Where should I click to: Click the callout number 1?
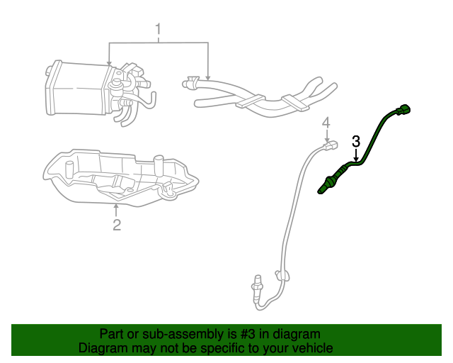coord(158,29)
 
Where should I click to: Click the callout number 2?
coord(117,225)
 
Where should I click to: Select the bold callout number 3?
coord(356,142)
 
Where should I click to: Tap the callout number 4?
coord(326,123)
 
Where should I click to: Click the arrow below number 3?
coord(356,155)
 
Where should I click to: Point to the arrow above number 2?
coord(116,211)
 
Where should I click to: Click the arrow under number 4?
coord(327,135)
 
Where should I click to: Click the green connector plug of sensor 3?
coord(403,110)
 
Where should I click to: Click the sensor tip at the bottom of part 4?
coord(256,287)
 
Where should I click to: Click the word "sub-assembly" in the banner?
coord(183,335)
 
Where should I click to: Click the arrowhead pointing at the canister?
coord(109,63)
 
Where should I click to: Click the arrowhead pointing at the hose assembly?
coord(208,78)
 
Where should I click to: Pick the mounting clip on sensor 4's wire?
coord(282,275)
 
